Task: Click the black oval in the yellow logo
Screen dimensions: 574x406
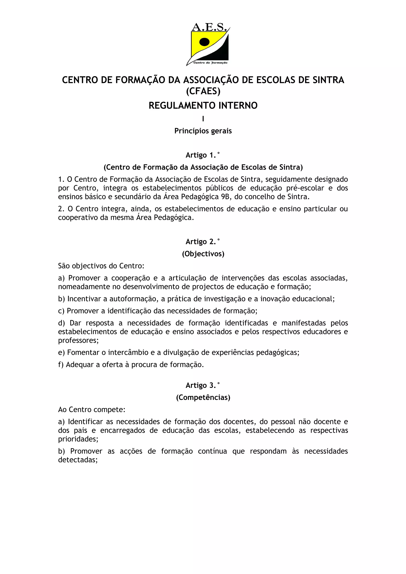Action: [x=204, y=42]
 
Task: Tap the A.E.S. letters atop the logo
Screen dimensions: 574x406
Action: [x=209, y=27]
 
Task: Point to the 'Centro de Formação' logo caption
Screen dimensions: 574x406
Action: [x=210, y=63]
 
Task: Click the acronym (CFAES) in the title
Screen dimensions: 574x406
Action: [x=203, y=91]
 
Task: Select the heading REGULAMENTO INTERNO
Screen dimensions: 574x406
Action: [x=203, y=106]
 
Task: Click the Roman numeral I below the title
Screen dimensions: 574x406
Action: [x=203, y=119]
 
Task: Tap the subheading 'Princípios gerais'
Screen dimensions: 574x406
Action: [x=203, y=131]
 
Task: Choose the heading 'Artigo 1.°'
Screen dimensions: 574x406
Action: [x=203, y=155]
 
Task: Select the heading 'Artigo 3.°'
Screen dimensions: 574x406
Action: [x=203, y=385]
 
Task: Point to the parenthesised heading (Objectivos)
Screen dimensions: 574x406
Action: [x=203, y=254]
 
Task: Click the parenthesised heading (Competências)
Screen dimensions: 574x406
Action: [x=203, y=398]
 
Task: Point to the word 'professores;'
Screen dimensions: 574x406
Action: [x=78, y=340]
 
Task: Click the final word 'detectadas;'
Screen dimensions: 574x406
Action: [x=78, y=460]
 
